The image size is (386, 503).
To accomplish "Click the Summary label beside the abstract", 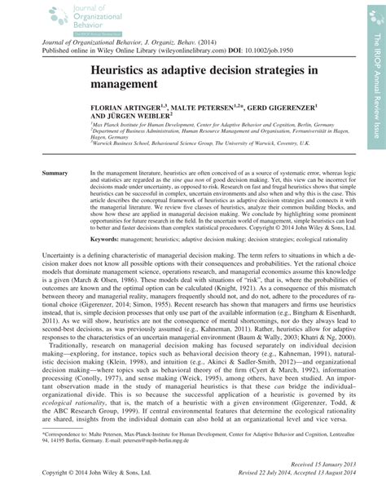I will click(55, 174).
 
